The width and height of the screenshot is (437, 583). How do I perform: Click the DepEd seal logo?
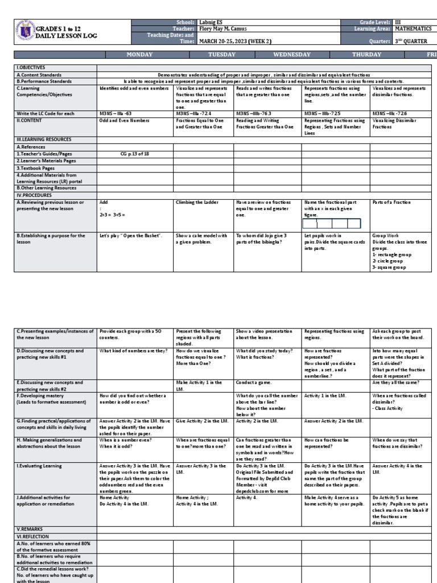25,31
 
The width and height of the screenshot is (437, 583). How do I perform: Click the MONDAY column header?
135,55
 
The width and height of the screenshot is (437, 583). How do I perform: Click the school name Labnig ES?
212,22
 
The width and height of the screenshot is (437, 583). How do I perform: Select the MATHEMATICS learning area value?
418,28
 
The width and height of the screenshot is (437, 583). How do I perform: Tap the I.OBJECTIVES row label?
31,67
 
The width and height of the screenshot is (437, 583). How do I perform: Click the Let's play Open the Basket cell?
131,236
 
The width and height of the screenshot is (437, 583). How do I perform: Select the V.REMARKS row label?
28,528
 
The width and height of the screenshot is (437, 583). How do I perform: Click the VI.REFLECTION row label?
32,536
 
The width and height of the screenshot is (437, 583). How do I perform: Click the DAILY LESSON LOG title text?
67,36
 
